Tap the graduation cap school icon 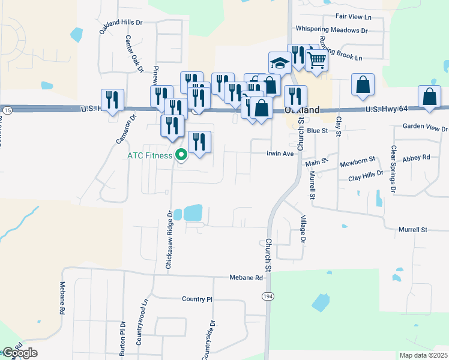(x=279, y=62)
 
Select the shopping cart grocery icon (x=316, y=59)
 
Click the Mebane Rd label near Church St (x=246, y=278)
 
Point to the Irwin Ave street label (x=280, y=154)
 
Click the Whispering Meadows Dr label (x=331, y=29)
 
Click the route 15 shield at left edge (x=7, y=110)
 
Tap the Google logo (x=19, y=352)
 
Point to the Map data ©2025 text (x=423, y=355)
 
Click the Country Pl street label (x=197, y=299)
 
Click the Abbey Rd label (x=418, y=157)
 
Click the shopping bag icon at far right (x=430, y=97)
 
